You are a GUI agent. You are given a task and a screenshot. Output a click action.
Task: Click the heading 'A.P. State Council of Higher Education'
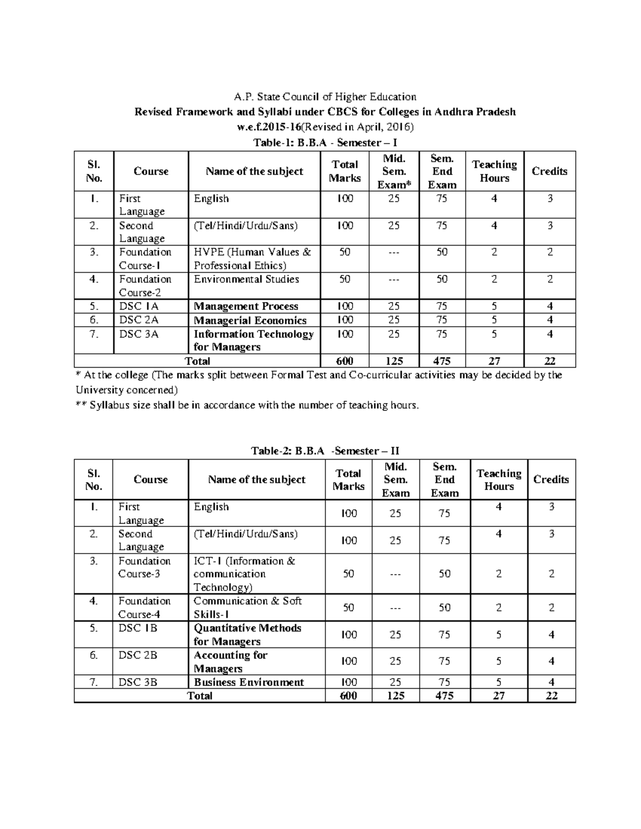point(325,97)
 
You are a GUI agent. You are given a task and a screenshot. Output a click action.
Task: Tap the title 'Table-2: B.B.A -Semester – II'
point(325,451)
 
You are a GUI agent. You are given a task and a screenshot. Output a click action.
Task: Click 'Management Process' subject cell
point(246,306)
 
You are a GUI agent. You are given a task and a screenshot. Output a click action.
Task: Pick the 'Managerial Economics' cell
point(250,320)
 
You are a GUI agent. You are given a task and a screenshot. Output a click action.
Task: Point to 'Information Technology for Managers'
point(253,341)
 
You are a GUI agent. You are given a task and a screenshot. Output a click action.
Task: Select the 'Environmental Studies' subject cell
point(246,279)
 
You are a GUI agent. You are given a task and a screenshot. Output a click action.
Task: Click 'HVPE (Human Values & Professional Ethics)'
point(252,259)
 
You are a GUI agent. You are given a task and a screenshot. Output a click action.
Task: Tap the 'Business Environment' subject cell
point(249,682)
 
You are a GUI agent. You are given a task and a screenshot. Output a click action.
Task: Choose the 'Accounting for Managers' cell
point(230,662)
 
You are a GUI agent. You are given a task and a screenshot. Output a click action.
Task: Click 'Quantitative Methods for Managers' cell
point(247,635)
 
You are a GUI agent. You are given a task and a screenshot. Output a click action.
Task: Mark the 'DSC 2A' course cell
point(138,320)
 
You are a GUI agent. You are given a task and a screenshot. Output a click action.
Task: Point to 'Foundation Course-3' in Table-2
point(144,567)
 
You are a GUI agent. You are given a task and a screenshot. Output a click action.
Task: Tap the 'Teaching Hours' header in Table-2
point(499,479)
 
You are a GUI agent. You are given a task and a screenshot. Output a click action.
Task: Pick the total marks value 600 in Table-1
point(345,361)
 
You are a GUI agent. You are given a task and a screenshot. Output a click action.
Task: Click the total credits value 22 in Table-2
point(551,696)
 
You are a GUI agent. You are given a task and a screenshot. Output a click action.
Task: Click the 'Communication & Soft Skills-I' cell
point(247,607)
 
